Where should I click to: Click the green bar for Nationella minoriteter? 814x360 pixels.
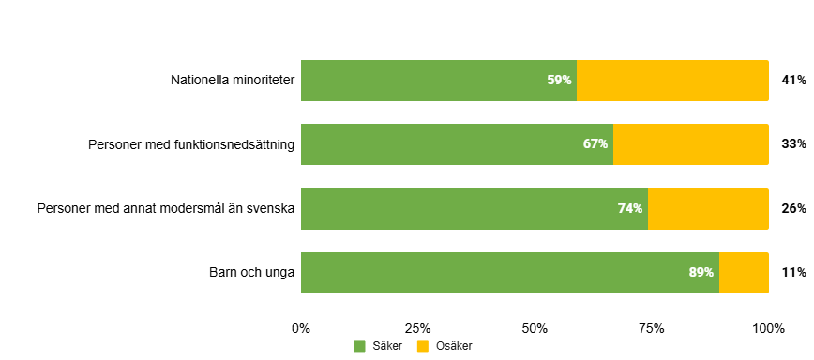point(439,81)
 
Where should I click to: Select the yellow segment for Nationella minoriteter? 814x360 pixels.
point(672,81)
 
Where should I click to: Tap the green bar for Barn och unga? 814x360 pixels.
point(510,273)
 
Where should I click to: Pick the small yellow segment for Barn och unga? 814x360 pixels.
point(744,273)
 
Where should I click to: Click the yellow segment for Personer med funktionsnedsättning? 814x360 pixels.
point(691,144)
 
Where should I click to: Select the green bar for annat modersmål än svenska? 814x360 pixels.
point(475,208)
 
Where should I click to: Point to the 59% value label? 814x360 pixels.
point(559,81)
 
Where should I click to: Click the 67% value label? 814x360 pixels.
point(595,144)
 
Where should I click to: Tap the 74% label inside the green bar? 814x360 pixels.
point(630,208)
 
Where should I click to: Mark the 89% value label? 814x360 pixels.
point(701,272)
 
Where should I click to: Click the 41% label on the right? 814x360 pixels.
point(793,81)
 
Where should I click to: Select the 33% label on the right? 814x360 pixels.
point(793,144)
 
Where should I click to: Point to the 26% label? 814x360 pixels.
point(793,208)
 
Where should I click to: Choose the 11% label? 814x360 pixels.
point(793,272)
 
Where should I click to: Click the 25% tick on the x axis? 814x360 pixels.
point(418,328)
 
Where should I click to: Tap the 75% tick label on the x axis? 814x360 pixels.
point(652,328)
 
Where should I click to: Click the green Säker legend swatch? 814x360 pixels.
point(359,346)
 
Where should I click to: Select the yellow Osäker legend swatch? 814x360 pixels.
point(423,346)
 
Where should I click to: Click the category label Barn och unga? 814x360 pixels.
point(251,272)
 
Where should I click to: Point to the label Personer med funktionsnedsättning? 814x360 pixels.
point(191,144)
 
